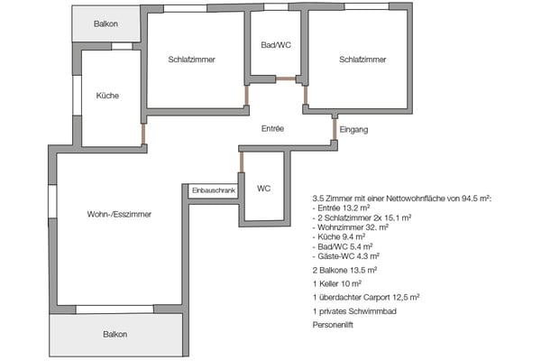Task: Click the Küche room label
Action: click(107, 96)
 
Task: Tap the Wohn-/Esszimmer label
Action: click(119, 215)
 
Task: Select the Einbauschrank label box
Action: click(213, 190)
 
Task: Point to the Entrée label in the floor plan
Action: click(272, 129)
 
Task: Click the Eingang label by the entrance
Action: click(353, 129)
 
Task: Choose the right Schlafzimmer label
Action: click(362, 60)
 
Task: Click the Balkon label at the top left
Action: click(106, 23)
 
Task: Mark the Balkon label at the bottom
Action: click(115, 334)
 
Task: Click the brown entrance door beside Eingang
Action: click(334, 129)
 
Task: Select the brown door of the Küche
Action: click(142, 134)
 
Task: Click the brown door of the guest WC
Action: click(242, 162)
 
